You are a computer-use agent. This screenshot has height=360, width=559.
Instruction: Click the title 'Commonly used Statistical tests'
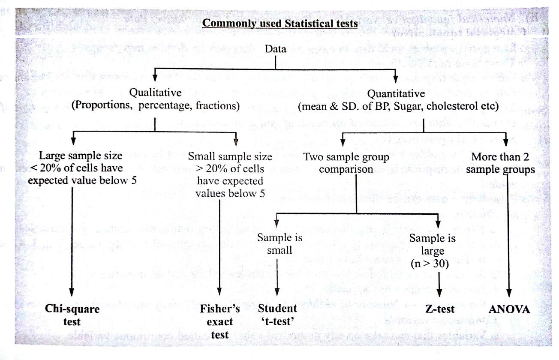pos(280,24)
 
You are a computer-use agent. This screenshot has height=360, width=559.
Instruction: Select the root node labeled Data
pos(276,49)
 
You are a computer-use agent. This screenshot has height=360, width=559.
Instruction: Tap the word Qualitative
pos(155,93)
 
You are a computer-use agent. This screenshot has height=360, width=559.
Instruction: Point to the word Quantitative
pos(396,94)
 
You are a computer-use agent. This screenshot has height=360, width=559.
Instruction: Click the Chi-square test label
pos(72,315)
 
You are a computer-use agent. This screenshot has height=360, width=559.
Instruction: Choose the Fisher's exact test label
pos(220,321)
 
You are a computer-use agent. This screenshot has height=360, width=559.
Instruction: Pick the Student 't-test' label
pos(277,315)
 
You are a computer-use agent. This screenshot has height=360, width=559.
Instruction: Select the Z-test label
pos(440,309)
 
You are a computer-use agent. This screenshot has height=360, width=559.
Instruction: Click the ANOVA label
pos(509,309)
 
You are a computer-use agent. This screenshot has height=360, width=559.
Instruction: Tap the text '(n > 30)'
pos(430,264)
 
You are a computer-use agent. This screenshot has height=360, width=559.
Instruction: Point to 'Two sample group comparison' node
pos(346,163)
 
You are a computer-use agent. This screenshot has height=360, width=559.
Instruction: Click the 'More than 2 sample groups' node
pos(500,163)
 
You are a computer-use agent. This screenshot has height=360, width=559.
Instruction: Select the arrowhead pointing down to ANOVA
pos(509,293)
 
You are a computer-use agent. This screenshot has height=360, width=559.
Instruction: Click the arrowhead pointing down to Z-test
pos(439,293)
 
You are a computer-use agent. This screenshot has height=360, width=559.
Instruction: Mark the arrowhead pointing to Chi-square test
pos(72,292)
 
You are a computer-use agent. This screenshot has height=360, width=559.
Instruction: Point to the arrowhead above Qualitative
pos(155,78)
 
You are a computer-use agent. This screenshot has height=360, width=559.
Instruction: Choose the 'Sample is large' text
pos(433,244)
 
